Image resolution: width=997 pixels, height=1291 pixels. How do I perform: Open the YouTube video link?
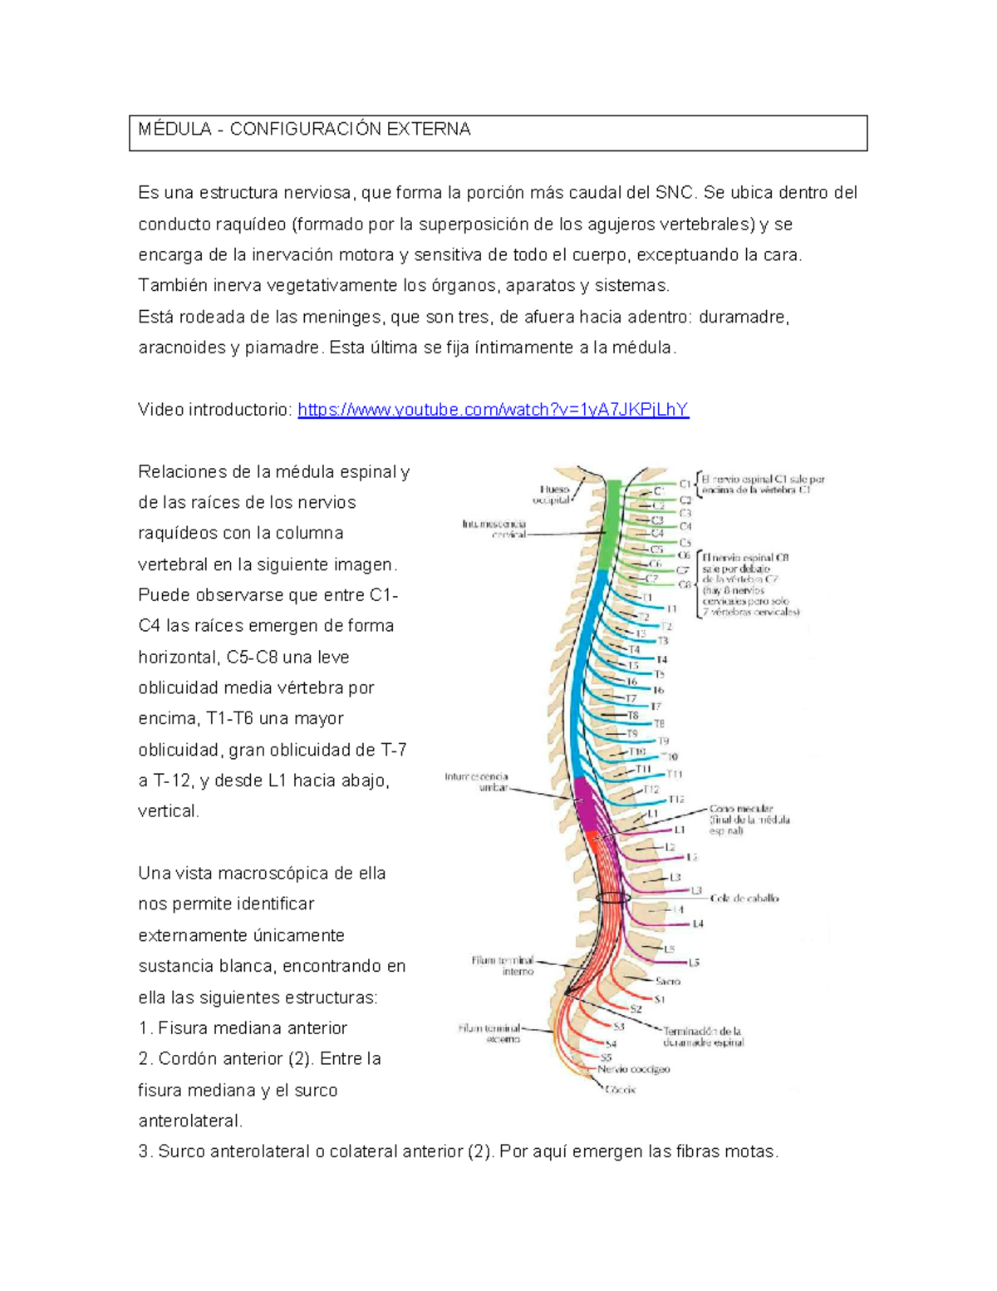[493, 410]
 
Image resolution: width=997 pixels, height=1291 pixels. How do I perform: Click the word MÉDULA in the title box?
[174, 129]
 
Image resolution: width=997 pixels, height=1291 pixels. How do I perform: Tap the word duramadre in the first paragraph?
[743, 317]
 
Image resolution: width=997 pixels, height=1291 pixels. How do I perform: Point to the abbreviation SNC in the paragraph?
[674, 193]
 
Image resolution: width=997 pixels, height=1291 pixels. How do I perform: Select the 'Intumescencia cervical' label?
[494, 529]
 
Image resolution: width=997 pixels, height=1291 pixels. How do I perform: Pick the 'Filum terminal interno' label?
[503, 965]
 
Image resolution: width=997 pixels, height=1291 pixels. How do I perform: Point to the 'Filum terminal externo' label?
[490, 1033]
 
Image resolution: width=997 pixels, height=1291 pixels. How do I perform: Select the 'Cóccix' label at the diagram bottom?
[620, 1089]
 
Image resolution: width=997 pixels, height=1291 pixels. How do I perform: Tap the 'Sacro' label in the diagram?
[667, 981]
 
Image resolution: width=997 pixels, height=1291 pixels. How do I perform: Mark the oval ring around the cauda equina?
[613, 898]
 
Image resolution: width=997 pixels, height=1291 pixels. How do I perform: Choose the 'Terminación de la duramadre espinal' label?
[703, 1037]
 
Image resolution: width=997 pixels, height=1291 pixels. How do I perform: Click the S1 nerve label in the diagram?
[660, 998]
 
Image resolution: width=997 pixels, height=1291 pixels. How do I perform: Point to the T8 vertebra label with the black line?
[633, 715]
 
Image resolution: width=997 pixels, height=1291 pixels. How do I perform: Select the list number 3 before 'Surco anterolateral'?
[145, 1152]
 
